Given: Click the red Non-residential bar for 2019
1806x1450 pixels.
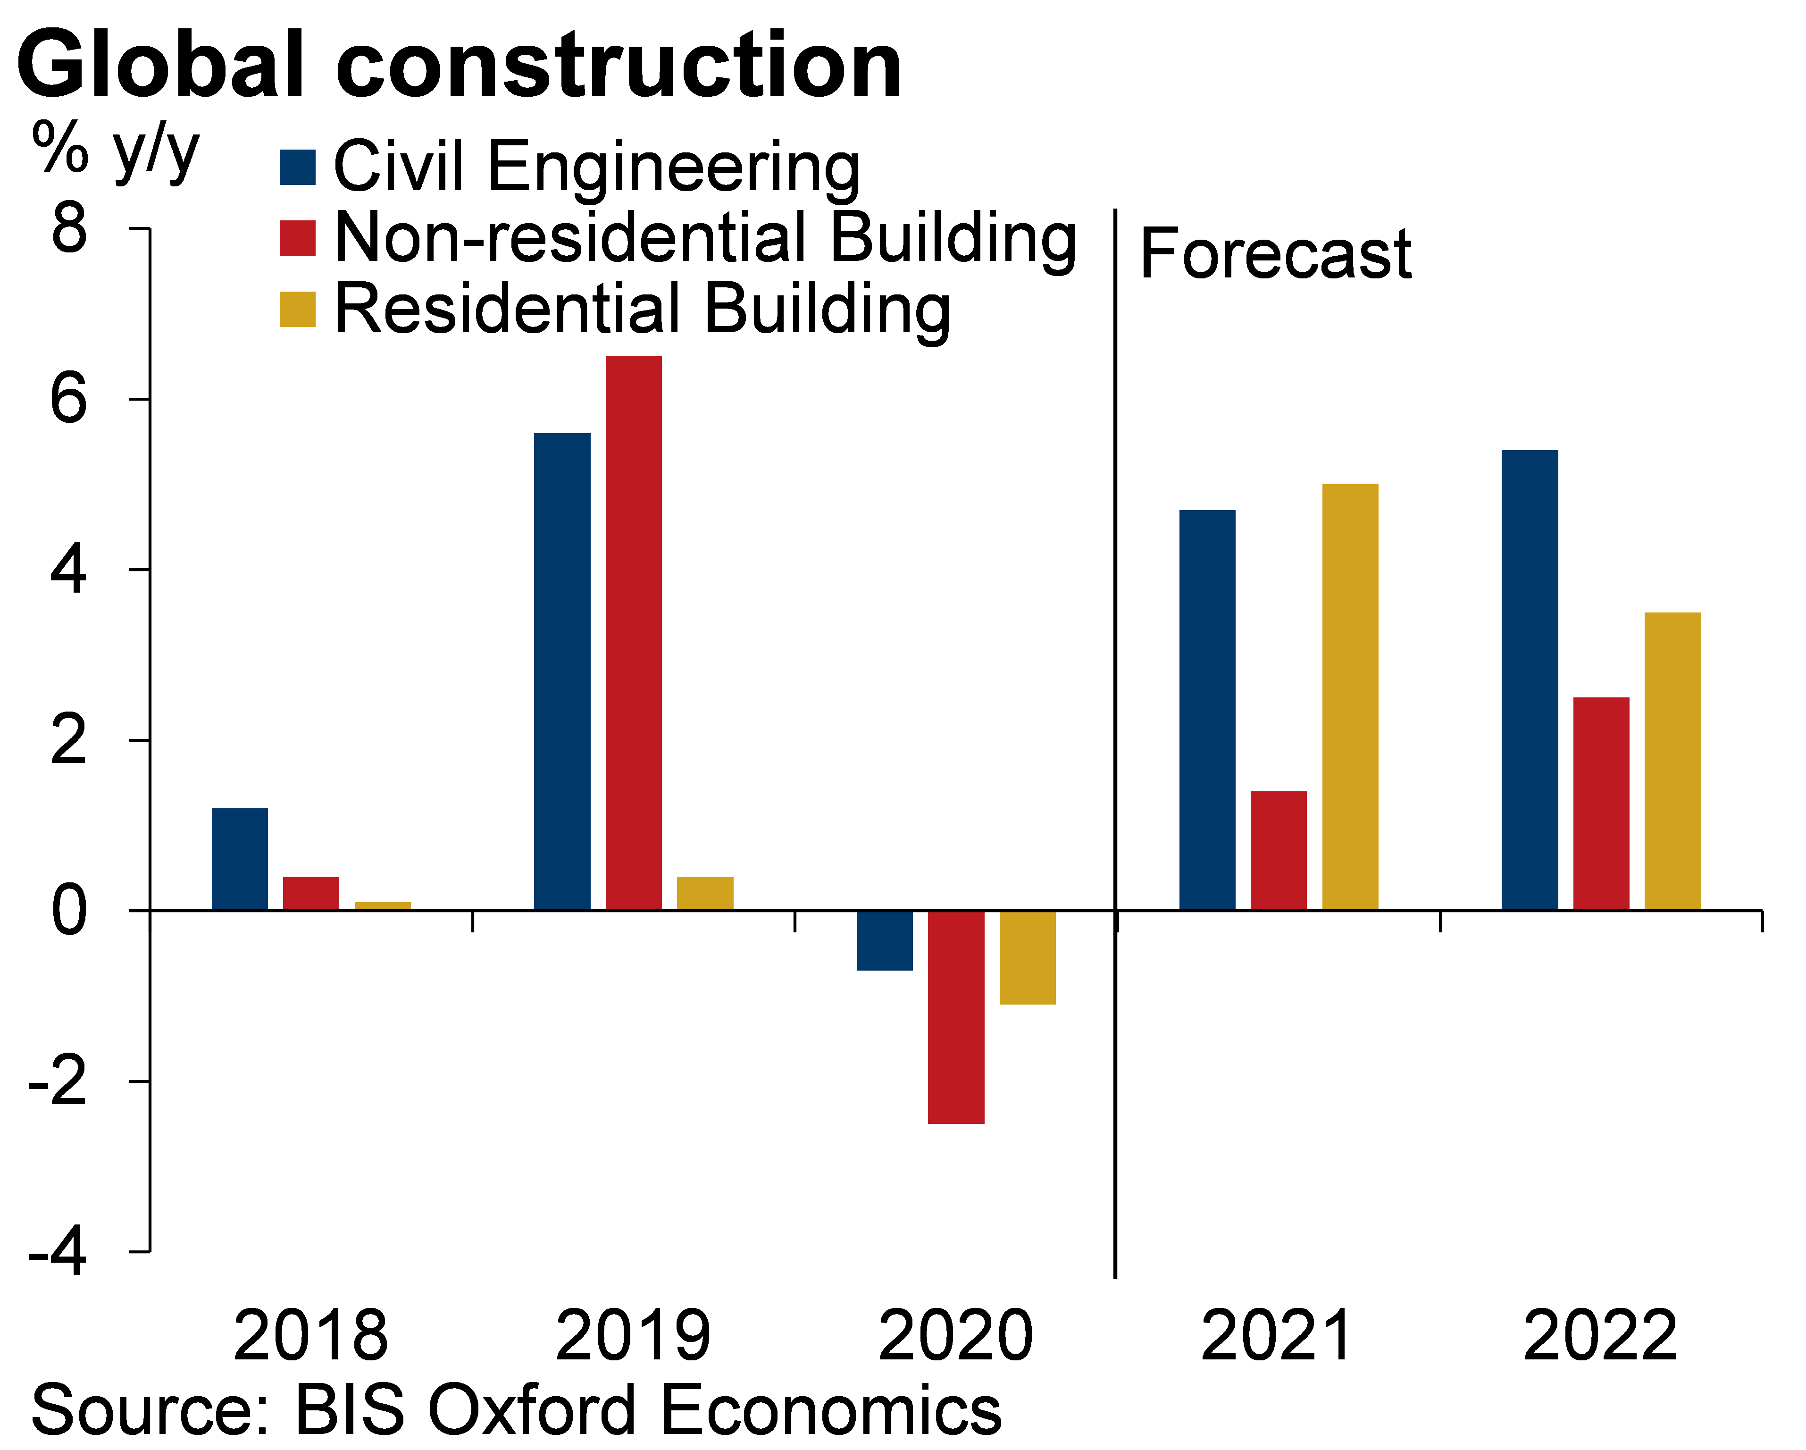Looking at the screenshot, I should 633,632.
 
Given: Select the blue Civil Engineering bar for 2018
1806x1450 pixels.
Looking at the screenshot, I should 240,859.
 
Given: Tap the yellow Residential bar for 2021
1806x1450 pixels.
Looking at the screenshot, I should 1349,697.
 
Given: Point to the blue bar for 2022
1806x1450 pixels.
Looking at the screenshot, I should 1530,679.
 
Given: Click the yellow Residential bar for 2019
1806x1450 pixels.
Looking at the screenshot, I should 704,893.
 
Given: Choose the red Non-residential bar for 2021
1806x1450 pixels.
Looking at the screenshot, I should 1278,850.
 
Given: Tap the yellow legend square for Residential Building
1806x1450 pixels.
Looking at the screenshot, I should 297,309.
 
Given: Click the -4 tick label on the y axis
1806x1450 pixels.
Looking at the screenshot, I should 57,1252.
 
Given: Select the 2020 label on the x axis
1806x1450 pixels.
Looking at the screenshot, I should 955,1336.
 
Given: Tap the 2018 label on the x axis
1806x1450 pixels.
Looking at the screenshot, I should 310,1336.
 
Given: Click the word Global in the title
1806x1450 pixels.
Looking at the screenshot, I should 159,65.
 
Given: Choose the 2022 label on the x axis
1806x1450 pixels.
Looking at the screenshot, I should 1600,1336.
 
